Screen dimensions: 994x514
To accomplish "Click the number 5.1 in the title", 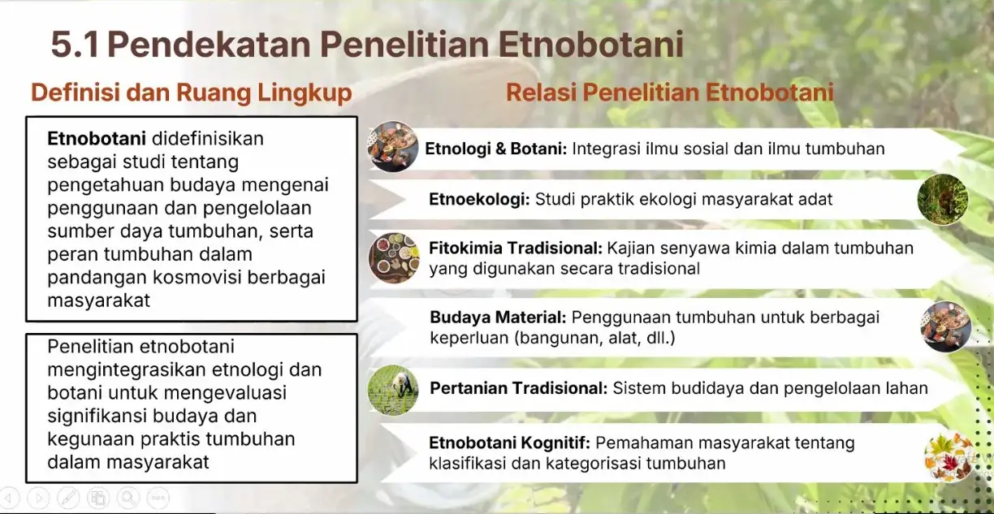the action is coord(75,45).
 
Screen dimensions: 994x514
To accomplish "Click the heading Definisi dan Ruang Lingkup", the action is coord(192,93).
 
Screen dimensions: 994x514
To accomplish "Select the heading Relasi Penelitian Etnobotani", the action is coord(670,93).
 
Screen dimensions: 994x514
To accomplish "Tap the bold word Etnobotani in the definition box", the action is coord(97,139).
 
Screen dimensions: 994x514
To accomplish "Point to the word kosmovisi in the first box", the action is coord(197,278).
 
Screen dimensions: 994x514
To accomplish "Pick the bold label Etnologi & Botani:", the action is coord(496,149).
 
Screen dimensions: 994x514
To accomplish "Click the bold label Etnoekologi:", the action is coord(480,200).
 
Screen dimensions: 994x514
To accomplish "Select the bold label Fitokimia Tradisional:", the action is coord(516,248).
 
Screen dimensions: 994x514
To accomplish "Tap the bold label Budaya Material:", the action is coord(499,317).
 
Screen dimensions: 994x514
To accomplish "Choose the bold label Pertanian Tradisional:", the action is coord(519,388).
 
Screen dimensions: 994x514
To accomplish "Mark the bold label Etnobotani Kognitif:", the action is coord(509,443).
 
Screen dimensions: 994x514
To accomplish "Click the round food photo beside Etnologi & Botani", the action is coord(393,146).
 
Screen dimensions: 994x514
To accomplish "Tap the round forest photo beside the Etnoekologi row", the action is coord(943,199).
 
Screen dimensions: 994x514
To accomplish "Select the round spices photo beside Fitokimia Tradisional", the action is coord(394,258).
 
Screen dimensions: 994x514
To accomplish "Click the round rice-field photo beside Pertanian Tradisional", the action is coord(393,390).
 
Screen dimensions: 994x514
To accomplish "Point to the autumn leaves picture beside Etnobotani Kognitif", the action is coord(949,456).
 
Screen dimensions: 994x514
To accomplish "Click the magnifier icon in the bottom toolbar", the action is coord(128,498).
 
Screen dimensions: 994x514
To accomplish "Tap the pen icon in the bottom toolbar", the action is coord(68,498).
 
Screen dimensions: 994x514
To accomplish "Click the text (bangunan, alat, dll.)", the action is coord(594,339).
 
